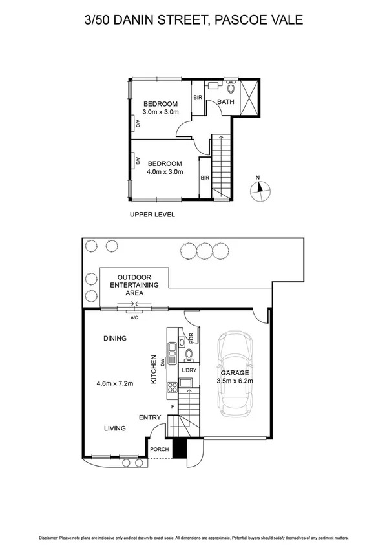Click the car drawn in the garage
pyautogui.click(x=234, y=373)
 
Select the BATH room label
pyautogui.click(x=225, y=102)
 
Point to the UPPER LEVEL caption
pyautogui.click(x=152, y=215)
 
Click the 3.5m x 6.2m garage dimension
pyautogui.click(x=235, y=381)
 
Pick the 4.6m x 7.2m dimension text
pyautogui.click(x=114, y=383)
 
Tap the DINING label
pyautogui.click(x=114, y=338)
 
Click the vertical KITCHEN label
pyautogui.click(x=153, y=370)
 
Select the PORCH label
pyautogui.click(x=159, y=449)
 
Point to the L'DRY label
pyautogui.click(x=188, y=370)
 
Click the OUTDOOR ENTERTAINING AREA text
pyautogui.click(x=134, y=284)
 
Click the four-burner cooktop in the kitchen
pyautogui.click(x=173, y=388)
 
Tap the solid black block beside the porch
pyautogui.click(x=180, y=447)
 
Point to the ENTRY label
pyautogui.click(x=150, y=417)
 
